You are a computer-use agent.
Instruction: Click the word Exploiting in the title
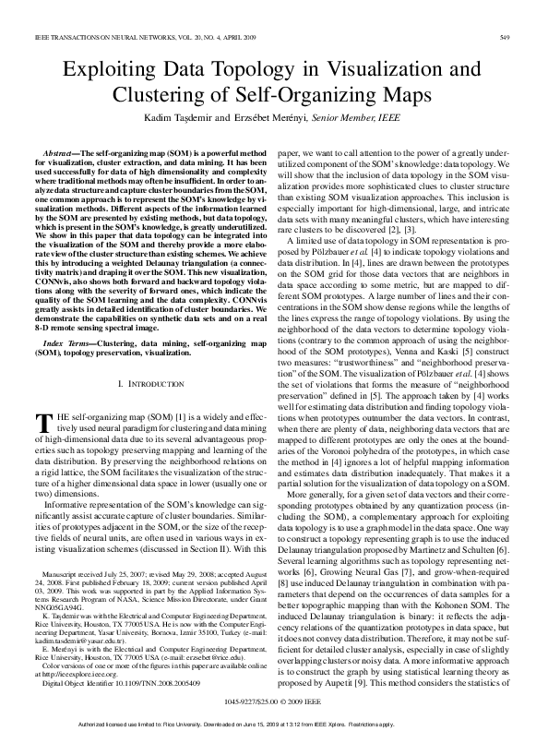108,70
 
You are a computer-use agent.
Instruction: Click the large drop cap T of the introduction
42,424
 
